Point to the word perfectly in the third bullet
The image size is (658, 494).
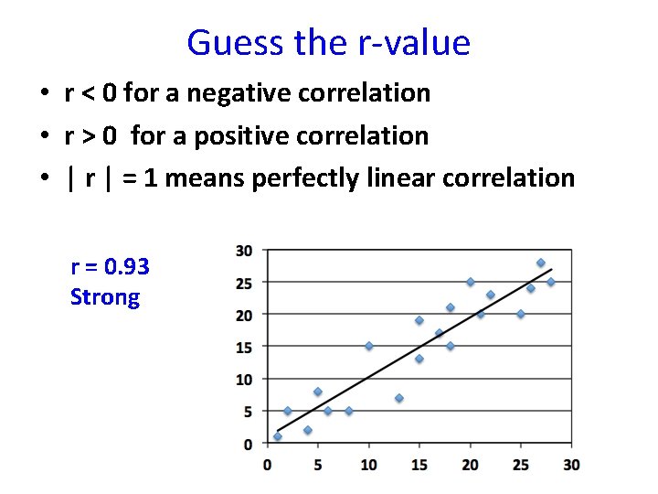[x=321, y=177]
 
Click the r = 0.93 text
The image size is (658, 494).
[x=110, y=267]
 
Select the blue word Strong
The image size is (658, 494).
[x=105, y=297]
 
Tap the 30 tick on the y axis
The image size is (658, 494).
[x=244, y=250]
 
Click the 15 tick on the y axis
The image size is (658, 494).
[x=244, y=347]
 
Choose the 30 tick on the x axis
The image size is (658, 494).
[x=571, y=465]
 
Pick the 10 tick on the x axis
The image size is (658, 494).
[x=368, y=465]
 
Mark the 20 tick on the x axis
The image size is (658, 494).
[x=470, y=465]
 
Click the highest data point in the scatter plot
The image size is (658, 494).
[x=540, y=263]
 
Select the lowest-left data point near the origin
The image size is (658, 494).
[x=278, y=436]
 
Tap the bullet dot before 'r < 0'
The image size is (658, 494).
[x=43, y=94]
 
